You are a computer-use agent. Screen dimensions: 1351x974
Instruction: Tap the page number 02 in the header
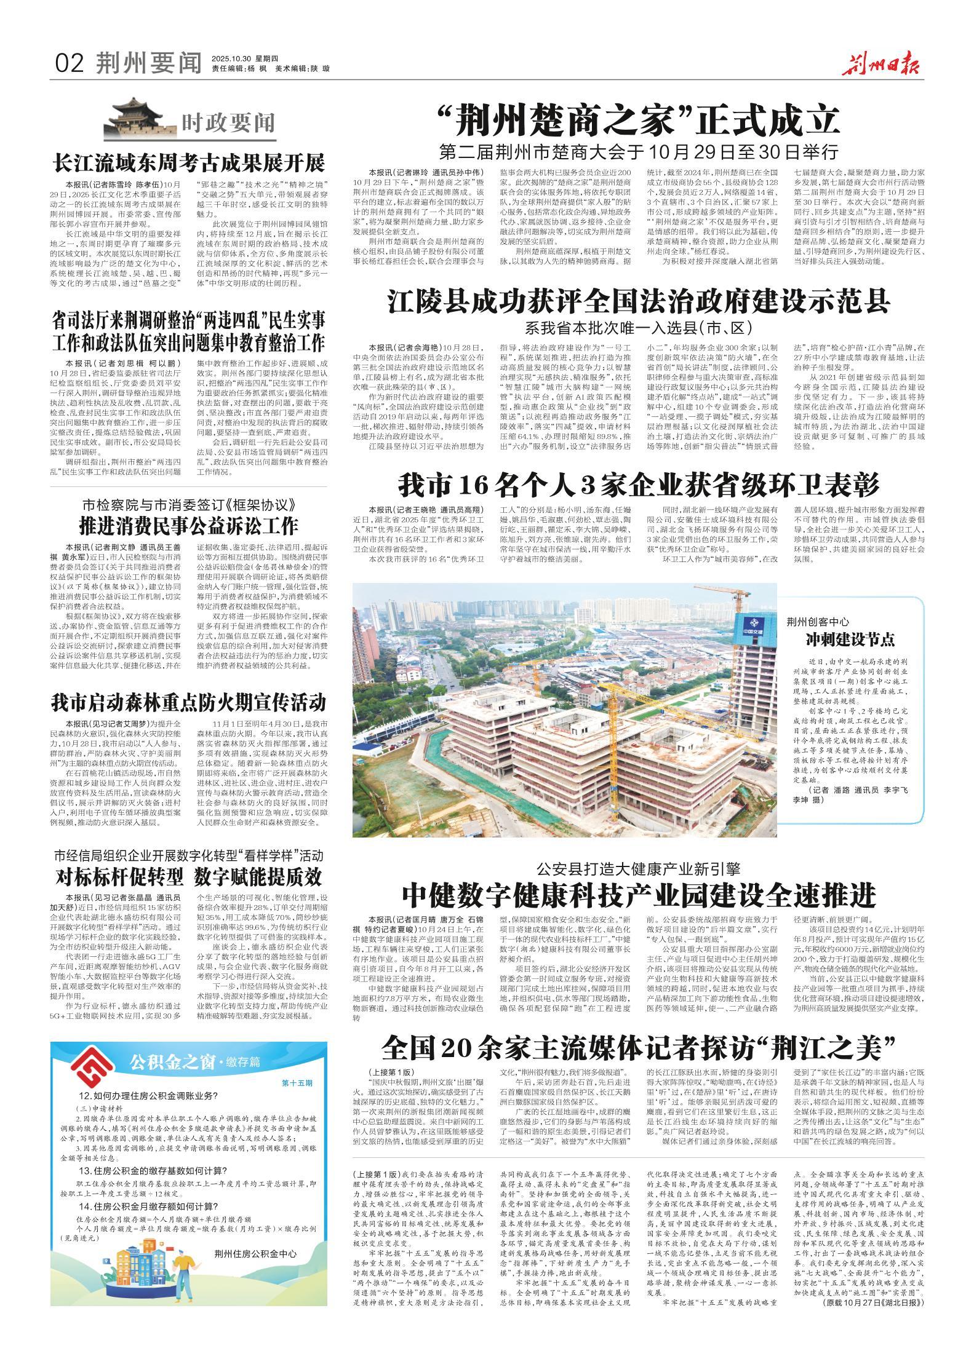coord(68,63)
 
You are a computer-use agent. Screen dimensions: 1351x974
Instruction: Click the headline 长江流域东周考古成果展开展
coord(189,164)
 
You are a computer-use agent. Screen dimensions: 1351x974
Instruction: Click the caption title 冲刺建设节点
coord(850,640)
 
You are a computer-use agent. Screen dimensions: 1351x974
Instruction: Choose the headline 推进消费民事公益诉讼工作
coord(188,526)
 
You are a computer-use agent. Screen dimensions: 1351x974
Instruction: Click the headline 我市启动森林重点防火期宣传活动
coord(188,702)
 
